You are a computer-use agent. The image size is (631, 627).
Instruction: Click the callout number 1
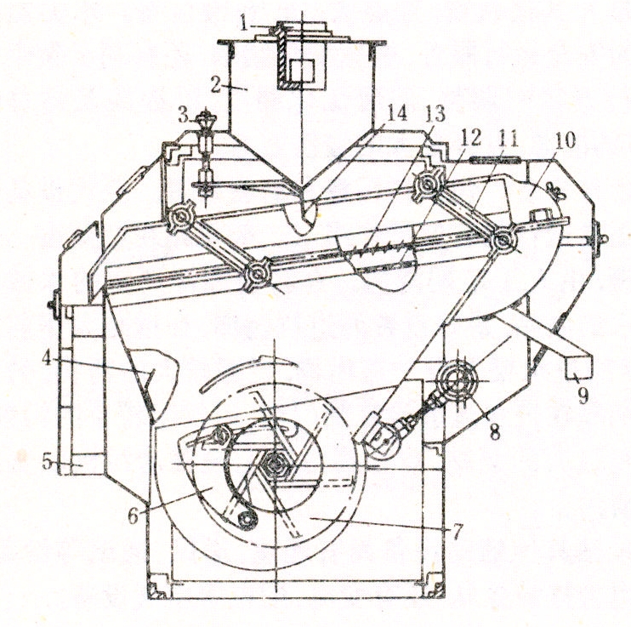243,23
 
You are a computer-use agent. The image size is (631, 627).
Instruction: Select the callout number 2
216,84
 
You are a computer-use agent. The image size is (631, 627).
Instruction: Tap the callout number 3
183,116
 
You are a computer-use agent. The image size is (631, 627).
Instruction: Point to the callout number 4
47,358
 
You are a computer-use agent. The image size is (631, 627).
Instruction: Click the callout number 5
47,463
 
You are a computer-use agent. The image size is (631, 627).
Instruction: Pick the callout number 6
134,515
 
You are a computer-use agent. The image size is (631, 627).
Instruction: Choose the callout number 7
457,531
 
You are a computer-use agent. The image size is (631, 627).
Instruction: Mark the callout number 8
494,431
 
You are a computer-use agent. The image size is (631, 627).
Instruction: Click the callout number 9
583,396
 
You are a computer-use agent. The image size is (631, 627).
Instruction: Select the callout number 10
566,140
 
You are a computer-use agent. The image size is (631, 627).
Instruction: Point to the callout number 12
471,138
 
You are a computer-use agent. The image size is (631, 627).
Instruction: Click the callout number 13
435,114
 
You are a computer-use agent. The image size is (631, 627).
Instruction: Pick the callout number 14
396,113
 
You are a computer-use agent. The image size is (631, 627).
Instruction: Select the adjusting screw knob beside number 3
206,119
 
